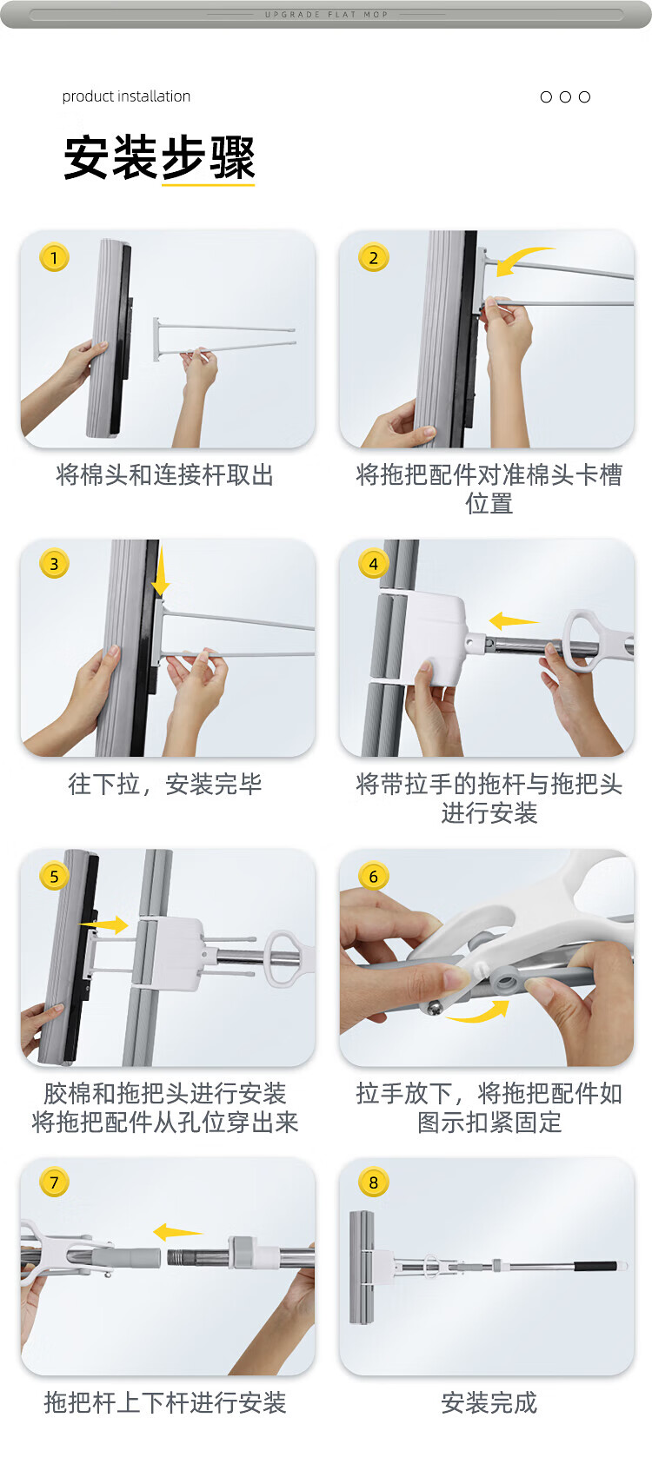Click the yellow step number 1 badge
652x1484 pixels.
tap(54, 258)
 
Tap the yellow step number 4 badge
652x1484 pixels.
tap(374, 564)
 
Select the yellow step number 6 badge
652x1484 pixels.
tap(374, 877)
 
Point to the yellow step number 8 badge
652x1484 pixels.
tap(374, 1182)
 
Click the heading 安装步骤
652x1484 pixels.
tap(160, 157)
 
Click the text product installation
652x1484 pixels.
tap(126, 96)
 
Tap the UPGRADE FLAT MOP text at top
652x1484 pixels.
tap(326, 14)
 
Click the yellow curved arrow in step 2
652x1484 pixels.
tap(522, 261)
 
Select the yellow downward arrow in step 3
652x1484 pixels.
tap(160, 571)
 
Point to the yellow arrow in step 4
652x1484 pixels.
tap(514, 620)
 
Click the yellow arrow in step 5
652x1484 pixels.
tap(103, 924)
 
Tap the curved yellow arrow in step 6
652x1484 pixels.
tap(478, 1011)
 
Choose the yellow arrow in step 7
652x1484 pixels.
tap(177, 1232)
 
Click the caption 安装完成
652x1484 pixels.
tap(489, 1402)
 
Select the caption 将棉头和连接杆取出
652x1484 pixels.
tap(165, 475)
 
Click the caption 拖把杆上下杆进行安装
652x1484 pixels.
tap(165, 1402)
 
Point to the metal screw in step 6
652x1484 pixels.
tap(434, 1008)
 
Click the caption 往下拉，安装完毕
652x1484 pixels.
tap(165, 785)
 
